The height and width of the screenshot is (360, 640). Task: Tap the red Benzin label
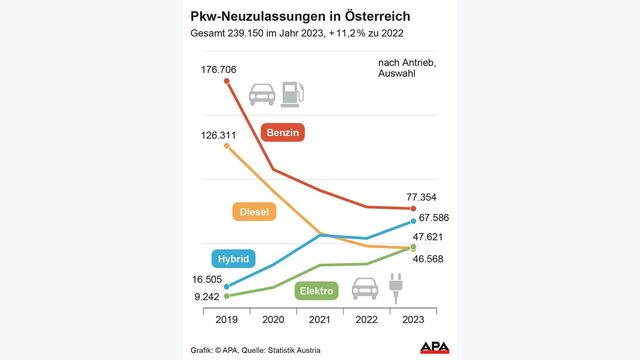click(x=283, y=132)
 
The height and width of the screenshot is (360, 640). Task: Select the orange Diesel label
click(x=257, y=212)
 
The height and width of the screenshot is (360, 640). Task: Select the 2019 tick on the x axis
click(x=228, y=320)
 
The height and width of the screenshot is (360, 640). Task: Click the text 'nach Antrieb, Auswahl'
click(x=407, y=71)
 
